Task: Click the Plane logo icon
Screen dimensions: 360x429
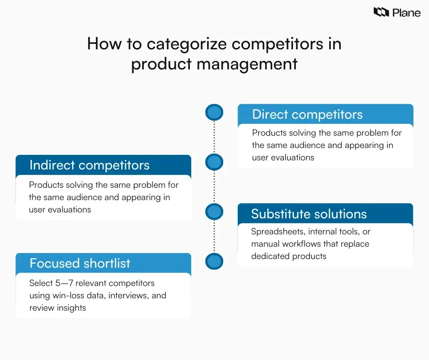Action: click(381, 12)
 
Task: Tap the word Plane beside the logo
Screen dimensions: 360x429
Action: click(406, 12)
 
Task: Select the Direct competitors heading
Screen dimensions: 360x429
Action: click(307, 114)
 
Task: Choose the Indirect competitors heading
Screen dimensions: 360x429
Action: click(89, 165)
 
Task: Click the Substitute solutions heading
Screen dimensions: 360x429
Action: click(309, 214)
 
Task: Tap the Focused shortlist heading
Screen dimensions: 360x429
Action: click(80, 263)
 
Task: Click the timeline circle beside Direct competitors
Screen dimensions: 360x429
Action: click(214, 112)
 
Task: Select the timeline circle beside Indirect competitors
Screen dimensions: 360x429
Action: click(214, 162)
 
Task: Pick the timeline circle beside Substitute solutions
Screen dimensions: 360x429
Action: click(214, 212)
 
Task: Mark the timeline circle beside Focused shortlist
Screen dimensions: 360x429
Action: click(214, 261)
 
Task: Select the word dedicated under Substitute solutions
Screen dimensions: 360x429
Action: click(269, 256)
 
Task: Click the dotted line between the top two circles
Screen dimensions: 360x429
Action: click(214, 137)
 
